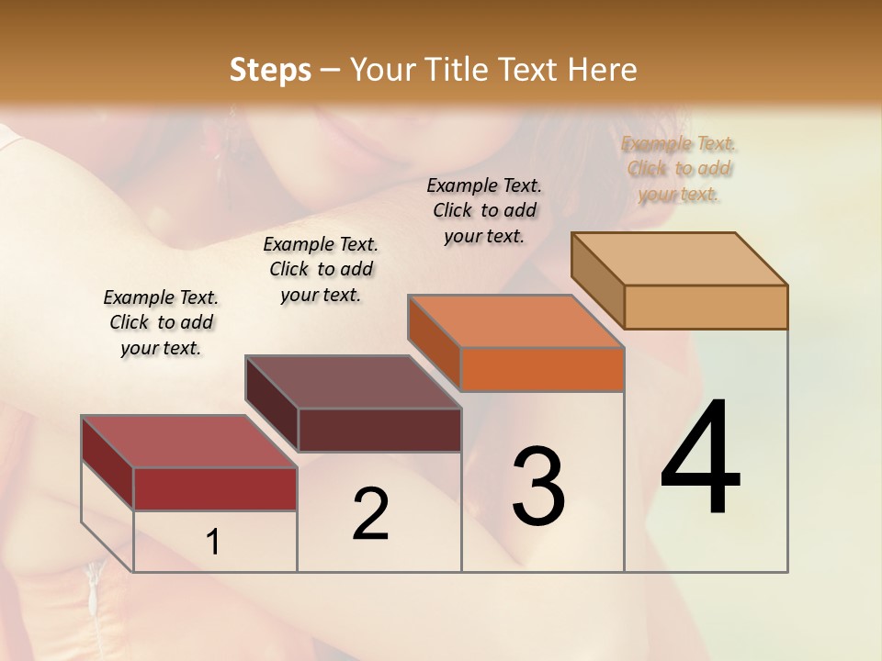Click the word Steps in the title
(270, 70)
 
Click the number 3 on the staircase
(537, 486)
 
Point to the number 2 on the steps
(370, 514)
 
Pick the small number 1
(212, 543)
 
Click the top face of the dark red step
(188, 442)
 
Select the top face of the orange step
(515, 322)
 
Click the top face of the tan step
(679, 259)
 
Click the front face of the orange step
(542, 370)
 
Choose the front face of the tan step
(706, 307)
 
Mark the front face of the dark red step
(215, 489)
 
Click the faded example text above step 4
(679, 169)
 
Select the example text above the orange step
(484, 210)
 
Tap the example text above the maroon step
(321, 269)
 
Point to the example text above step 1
(161, 322)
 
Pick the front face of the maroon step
(379, 430)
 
